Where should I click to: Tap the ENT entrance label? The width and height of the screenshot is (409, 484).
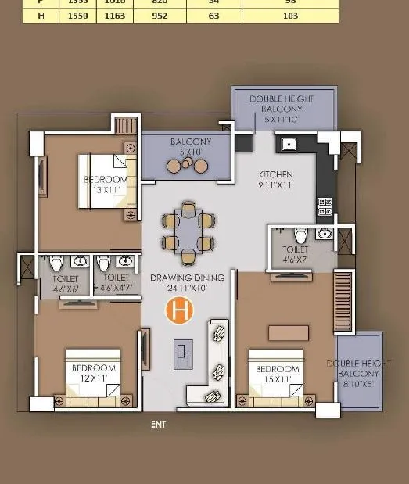pos(159,425)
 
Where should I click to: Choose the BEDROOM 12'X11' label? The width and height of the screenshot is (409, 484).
pos(94,373)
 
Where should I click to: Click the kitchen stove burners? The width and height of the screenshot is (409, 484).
pos(325,207)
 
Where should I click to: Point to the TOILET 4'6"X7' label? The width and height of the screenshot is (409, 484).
pos(295,254)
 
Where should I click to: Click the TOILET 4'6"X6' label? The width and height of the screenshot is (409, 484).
pos(66,283)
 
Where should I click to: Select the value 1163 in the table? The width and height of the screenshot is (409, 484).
pos(114,15)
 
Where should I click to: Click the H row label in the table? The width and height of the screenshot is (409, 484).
pos(30,15)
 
